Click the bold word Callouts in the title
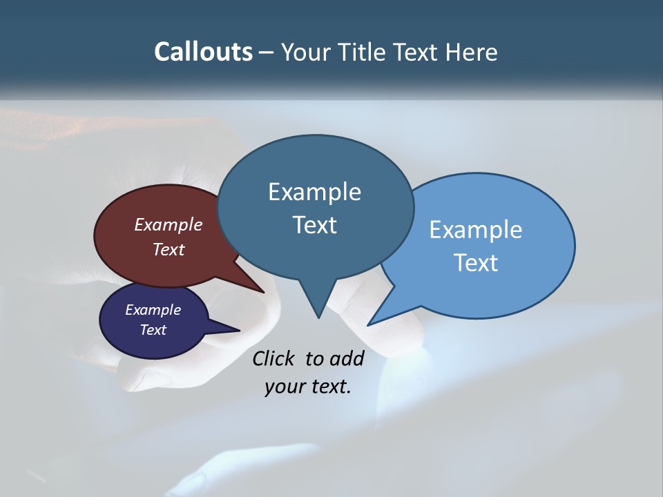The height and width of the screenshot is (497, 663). [204, 52]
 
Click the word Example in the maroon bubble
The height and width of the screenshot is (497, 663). [168, 224]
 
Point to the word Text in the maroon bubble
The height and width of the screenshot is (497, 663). [168, 249]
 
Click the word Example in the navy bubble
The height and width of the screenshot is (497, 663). [153, 310]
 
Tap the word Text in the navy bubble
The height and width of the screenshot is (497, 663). [153, 330]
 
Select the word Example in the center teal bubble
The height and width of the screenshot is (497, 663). [314, 192]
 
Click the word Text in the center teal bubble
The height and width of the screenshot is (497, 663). [314, 225]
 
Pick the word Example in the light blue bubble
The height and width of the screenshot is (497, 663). [476, 230]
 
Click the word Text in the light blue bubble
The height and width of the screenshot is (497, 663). [476, 262]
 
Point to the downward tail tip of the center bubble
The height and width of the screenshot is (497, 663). [318, 316]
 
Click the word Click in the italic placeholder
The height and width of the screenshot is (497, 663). [273, 358]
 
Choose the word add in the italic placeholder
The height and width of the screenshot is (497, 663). [346, 358]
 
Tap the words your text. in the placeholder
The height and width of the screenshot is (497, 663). [308, 387]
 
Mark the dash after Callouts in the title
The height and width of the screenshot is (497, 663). [267, 52]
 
